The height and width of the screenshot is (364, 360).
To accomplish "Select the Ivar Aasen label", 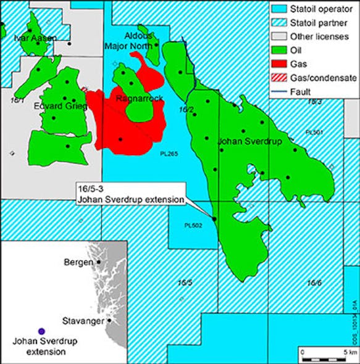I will tap(35, 38).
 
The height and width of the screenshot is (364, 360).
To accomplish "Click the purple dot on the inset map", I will tap(41, 331).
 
